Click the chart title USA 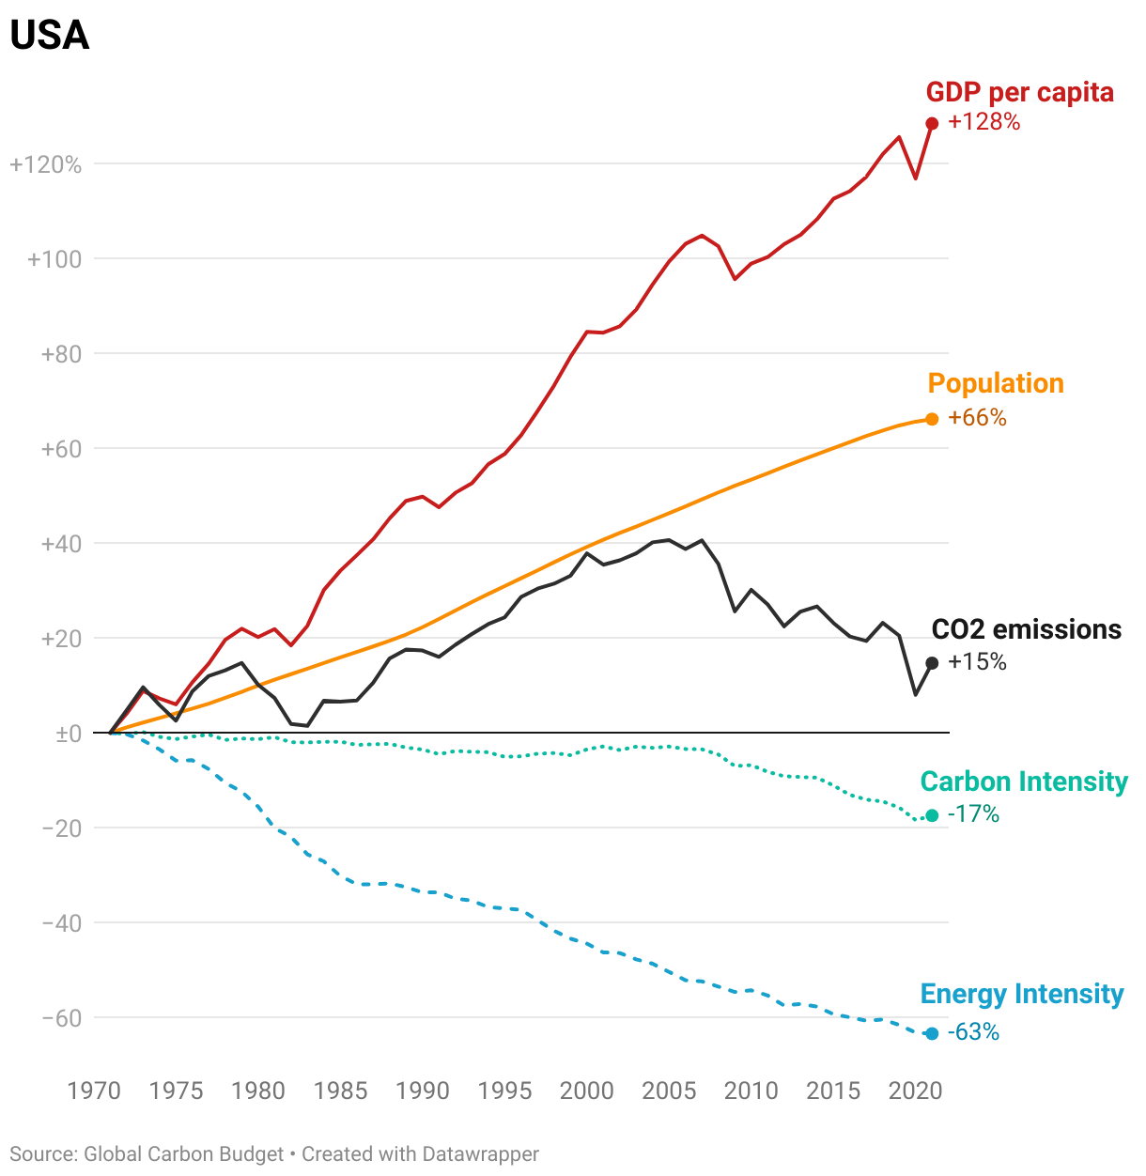(x=50, y=36)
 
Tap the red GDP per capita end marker (x=932, y=123)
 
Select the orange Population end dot (x=932, y=419)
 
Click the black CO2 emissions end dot (x=932, y=663)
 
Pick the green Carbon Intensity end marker (x=932, y=815)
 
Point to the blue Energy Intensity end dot (x=932, y=1033)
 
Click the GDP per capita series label (x=1019, y=92)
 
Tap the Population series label (x=996, y=383)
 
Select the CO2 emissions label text (x=1026, y=629)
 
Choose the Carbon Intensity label (x=1024, y=781)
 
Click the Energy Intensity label (x=1022, y=994)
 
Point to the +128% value (x=983, y=122)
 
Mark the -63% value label (x=973, y=1032)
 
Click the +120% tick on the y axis (x=46, y=165)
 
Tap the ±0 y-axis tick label (x=69, y=734)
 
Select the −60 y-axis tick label (x=62, y=1018)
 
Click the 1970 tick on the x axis (x=94, y=1091)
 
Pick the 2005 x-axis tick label (x=669, y=1091)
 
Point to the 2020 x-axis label (x=915, y=1091)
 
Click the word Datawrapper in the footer (x=480, y=1153)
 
